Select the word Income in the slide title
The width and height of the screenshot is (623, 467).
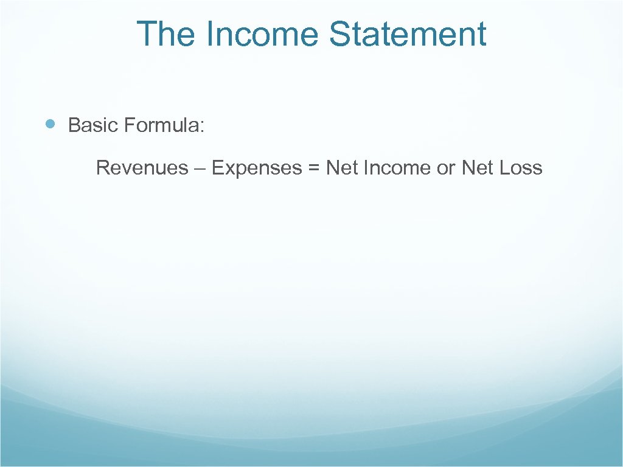pyautogui.click(x=262, y=34)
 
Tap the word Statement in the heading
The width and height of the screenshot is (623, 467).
pyautogui.click(x=408, y=34)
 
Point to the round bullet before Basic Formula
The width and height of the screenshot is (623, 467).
pyautogui.click(x=51, y=125)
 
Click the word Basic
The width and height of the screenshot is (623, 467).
pyautogui.click(x=93, y=126)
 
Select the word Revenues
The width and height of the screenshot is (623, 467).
pyautogui.click(x=142, y=168)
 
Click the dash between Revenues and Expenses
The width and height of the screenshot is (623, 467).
pyautogui.click(x=200, y=168)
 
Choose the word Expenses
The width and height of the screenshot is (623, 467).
pyautogui.click(x=256, y=168)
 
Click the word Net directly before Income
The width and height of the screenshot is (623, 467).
pyautogui.click(x=342, y=168)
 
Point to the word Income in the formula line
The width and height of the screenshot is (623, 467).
pyautogui.click(x=397, y=168)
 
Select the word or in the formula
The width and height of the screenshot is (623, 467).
pyautogui.click(x=446, y=168)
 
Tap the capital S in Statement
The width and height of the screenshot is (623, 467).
pyautogui.click(x=341, y=34)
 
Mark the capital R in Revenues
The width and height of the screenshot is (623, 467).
pyautogui.click(x=102, y=168)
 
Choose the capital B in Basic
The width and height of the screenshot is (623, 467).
pyautogui.click(x=74, y=126)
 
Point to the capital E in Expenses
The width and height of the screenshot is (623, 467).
pyautogui.click(x=217, y=168)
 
